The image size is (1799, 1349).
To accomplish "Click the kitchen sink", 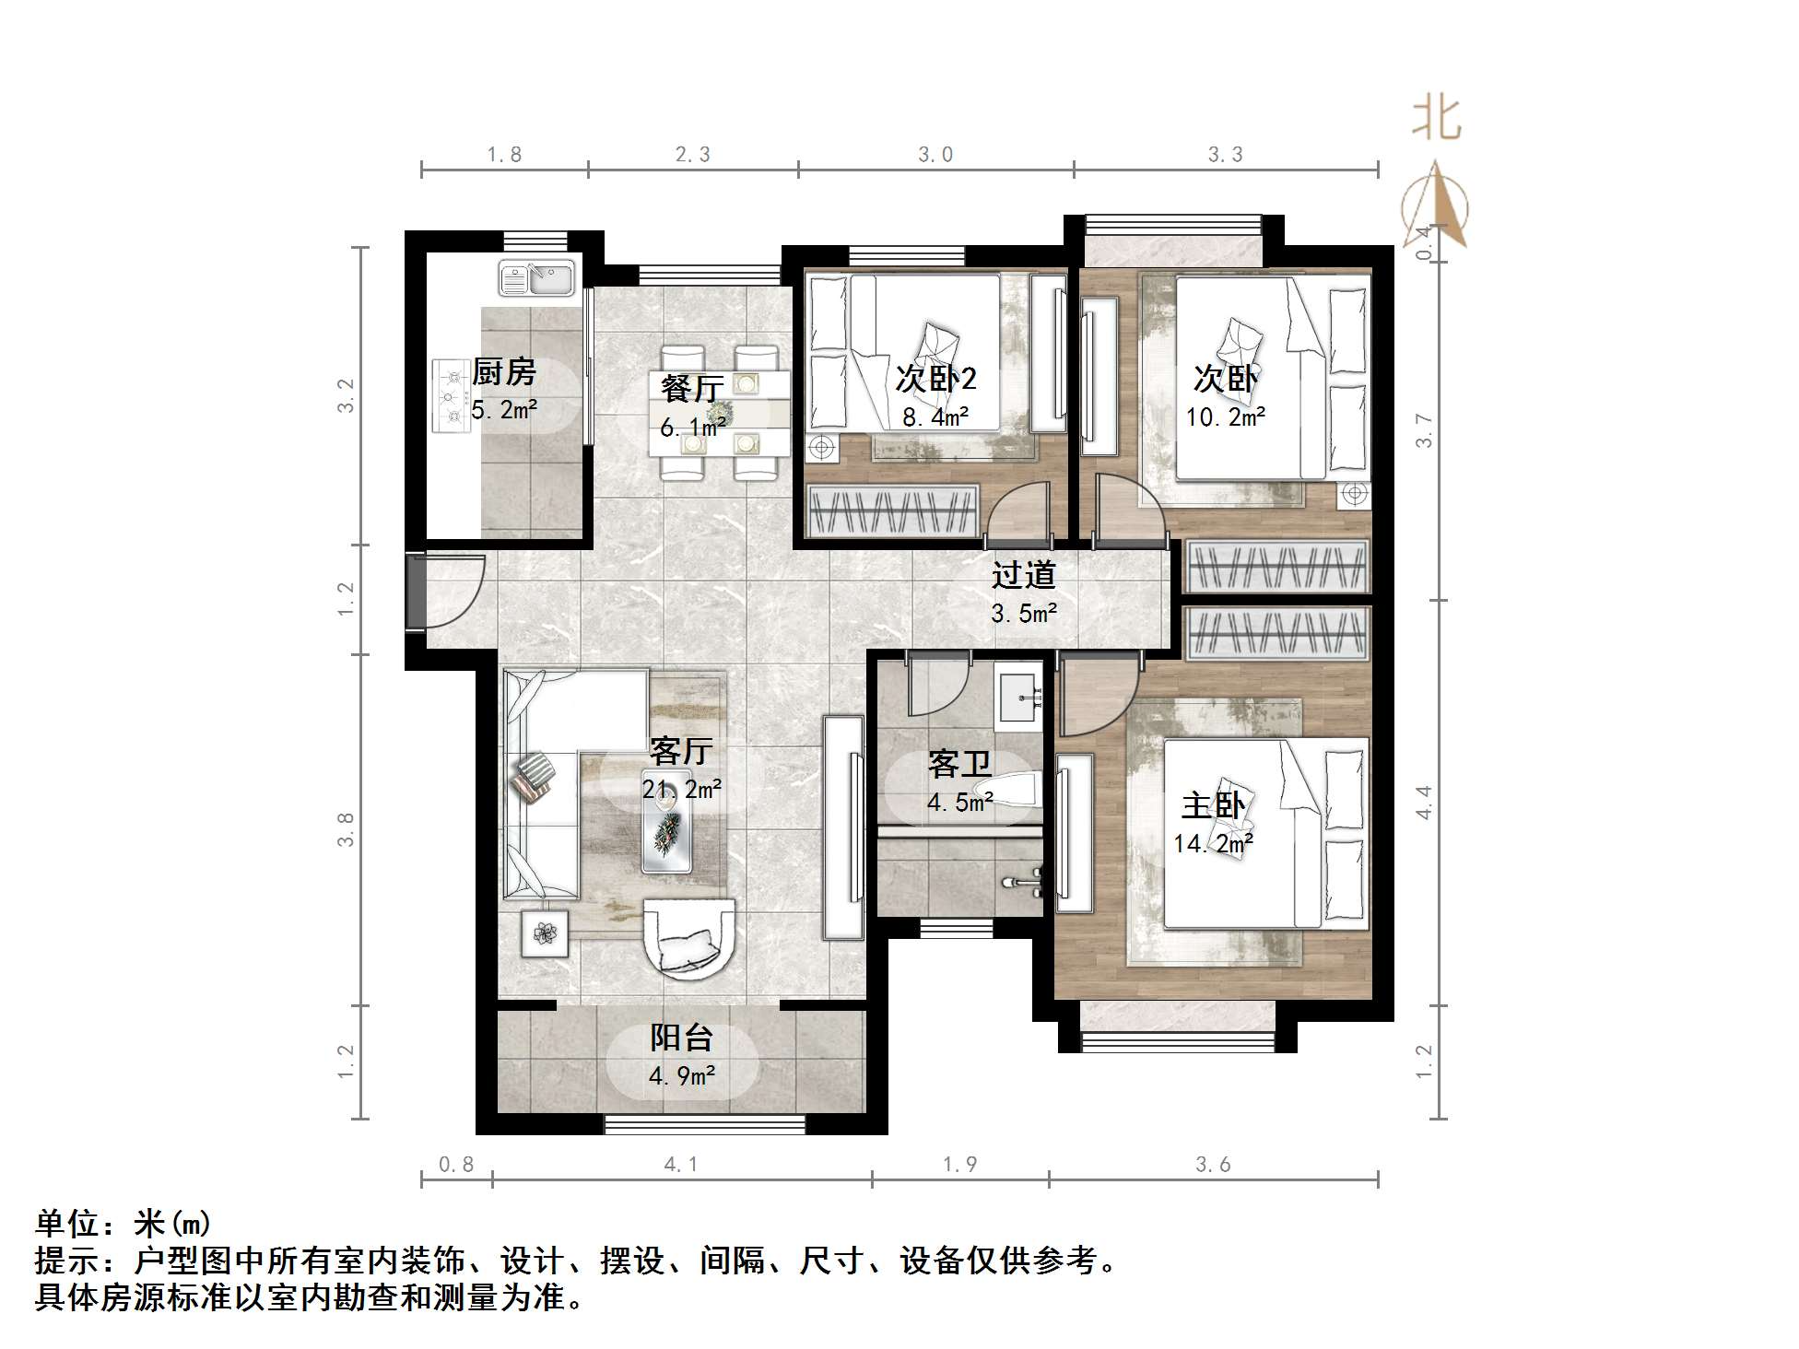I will click(x=536, y=277).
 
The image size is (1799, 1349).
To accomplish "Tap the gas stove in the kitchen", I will click(x=452, y=396).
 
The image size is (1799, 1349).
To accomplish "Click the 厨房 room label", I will click(x=503, y=372).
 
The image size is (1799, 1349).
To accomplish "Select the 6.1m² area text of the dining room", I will click(x=692, y=427).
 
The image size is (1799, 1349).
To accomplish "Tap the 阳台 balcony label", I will click(x=681, y=1038).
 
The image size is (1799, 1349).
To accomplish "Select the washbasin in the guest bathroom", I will click(x=1019, y=698).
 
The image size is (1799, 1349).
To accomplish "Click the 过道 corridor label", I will click(x=1023, y=575).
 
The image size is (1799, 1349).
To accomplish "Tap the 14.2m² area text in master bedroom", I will click(x=1213, y=843).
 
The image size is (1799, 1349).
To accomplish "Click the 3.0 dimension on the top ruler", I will click(x=935, y=155).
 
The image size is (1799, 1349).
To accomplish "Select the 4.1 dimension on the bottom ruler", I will click(x=681, y=1165).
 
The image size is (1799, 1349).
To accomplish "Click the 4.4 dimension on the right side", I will click(x=1424, y=802).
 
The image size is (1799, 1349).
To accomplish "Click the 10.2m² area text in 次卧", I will click(x=1225, y=417).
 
